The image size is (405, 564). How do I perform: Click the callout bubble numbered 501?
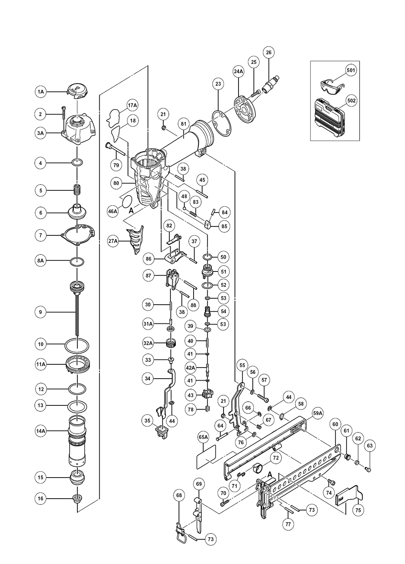[351, 70]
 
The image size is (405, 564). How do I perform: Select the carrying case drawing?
[329, 118]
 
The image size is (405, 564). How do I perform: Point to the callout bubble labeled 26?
[269, 52]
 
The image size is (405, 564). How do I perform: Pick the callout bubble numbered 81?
[183, 124]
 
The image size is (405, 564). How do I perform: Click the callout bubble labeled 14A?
[40, 431]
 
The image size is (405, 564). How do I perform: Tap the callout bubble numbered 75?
[358, 510]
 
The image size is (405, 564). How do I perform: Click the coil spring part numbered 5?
[77, 190]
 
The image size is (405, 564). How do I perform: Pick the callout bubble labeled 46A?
[113, 211]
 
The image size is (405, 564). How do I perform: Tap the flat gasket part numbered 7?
[78, 235]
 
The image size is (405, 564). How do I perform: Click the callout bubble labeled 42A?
[190, 368]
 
